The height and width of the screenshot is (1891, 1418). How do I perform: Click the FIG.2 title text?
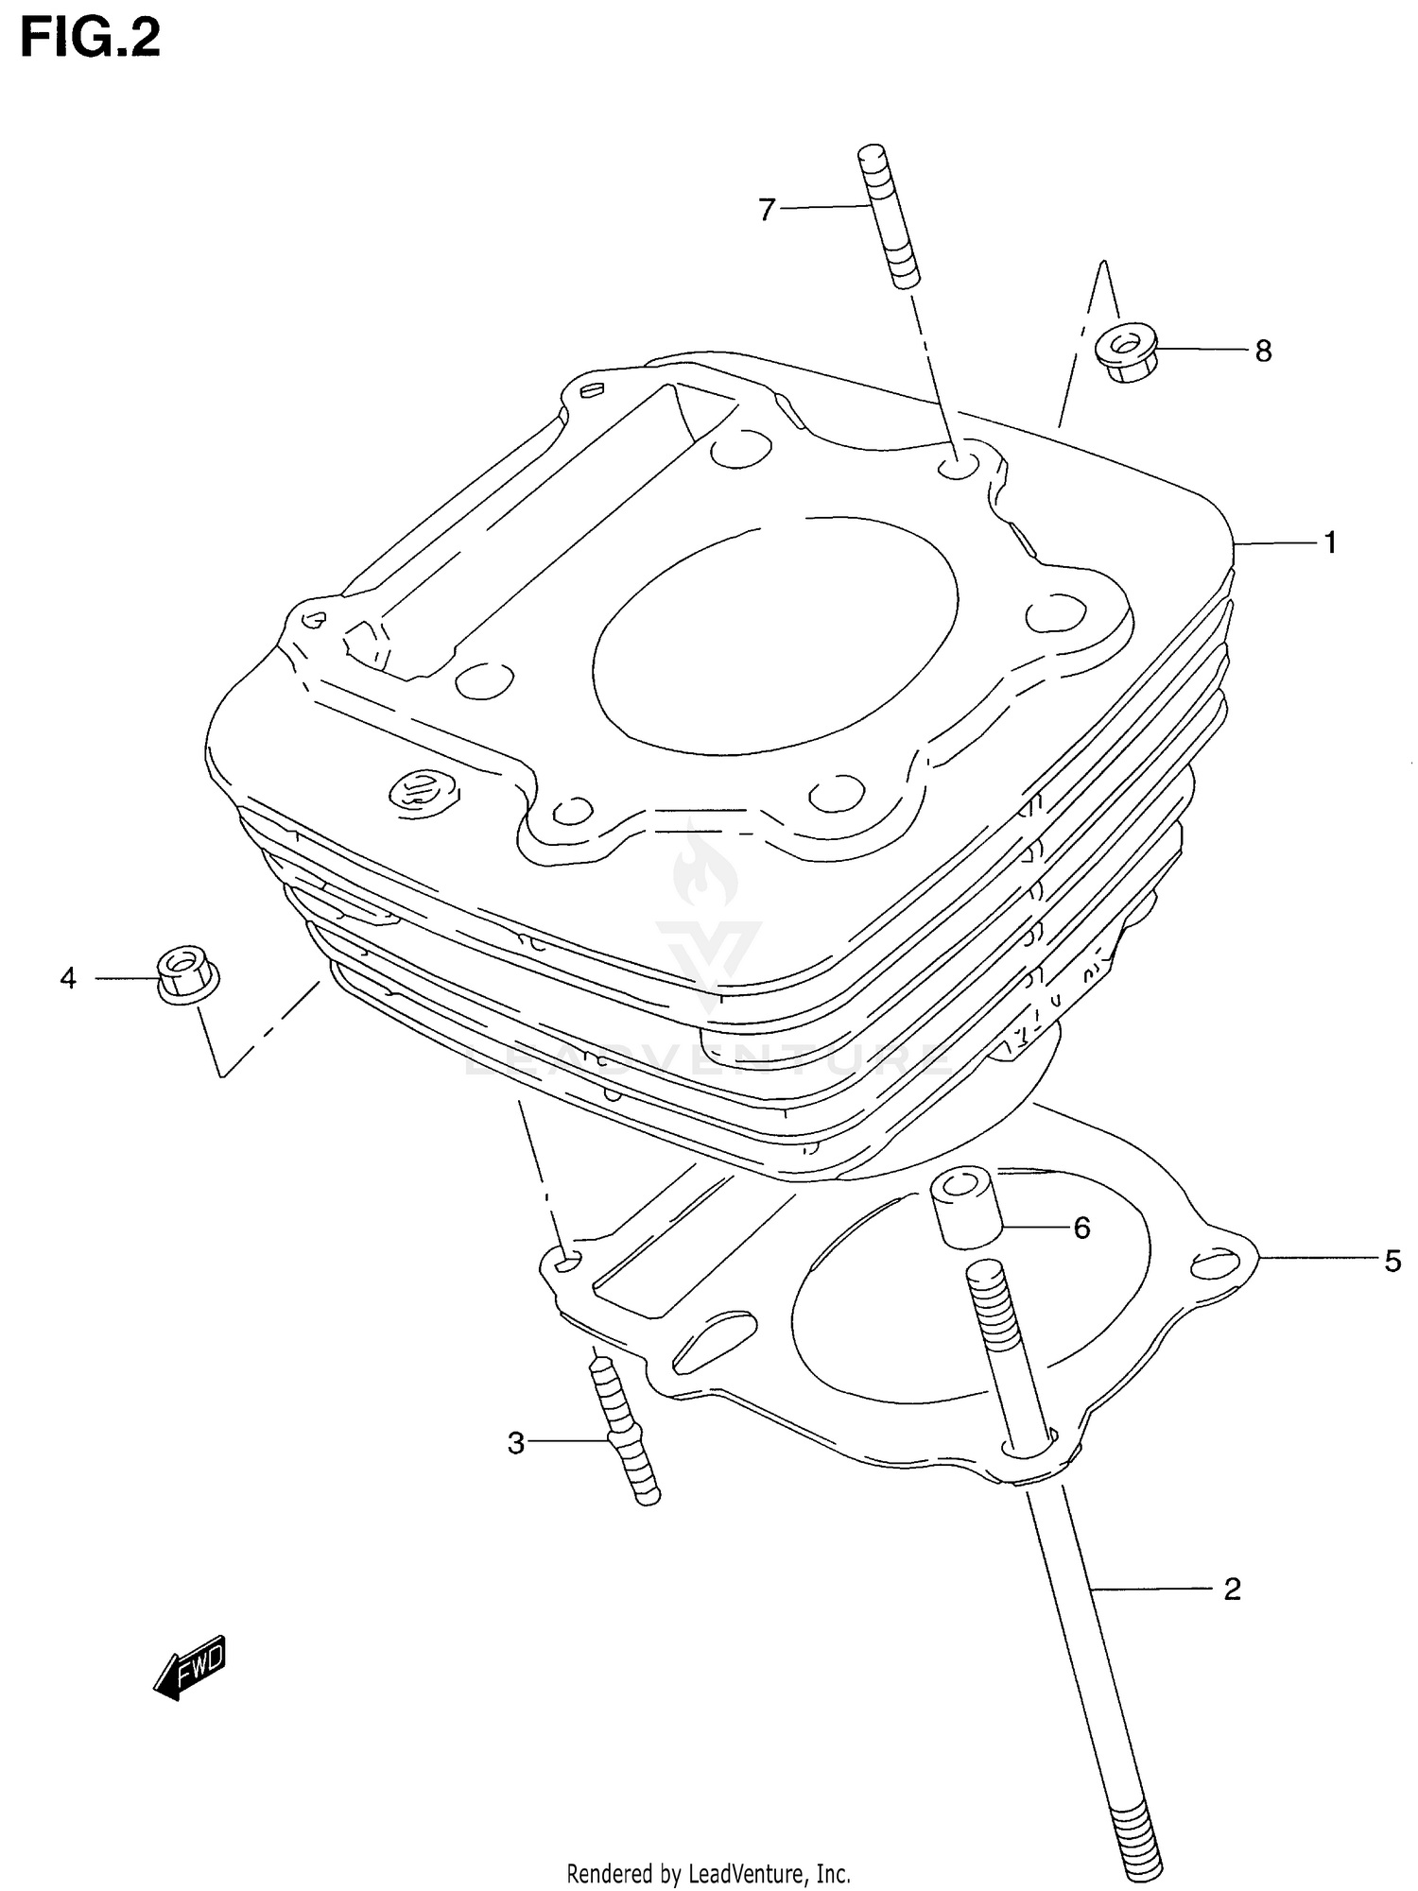(x=91, y=40)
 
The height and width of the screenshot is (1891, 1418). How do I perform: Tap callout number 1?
(x=1330, y=543)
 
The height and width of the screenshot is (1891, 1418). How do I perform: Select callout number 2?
(x=1231, y=1590)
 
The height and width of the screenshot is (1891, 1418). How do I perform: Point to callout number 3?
(x=515, y=1444)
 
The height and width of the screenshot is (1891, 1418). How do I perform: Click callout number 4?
(x=68, y=978)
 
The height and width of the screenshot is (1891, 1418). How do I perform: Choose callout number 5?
(x=1392, y=1261)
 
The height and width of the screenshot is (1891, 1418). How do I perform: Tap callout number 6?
(x=1081, y=1228)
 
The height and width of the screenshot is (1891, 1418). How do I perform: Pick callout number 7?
(x=767, y=209)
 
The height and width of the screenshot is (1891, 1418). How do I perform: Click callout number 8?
(x=1263, y=352)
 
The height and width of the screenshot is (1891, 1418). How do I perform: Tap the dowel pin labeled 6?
(x=966, y=1209)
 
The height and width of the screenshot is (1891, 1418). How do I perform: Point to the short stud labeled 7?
(x=889, y=216)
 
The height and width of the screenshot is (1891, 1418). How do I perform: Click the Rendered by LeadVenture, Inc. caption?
(x=708, y=1873)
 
